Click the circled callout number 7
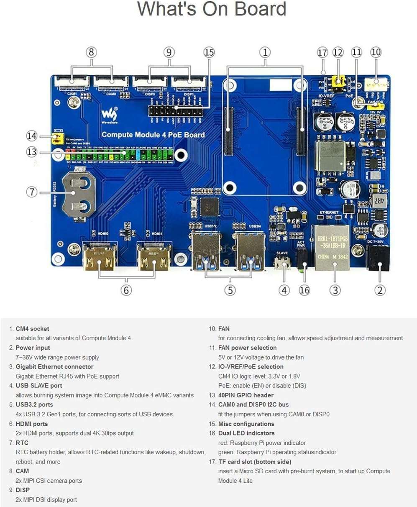click(32, 192)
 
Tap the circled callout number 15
click(209, 52)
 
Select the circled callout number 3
click(335, 290)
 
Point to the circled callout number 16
click(304, 290)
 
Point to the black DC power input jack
click(379, 259)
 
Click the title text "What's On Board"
click(212, 9)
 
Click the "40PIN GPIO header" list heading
click(246, 395)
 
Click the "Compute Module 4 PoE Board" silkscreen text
click(153, 135)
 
